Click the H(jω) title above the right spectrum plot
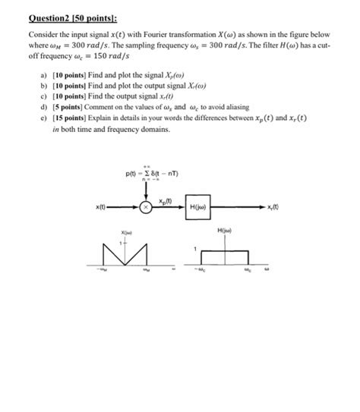[x=225, y=229]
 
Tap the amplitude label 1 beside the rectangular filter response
[x=196, y=249]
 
